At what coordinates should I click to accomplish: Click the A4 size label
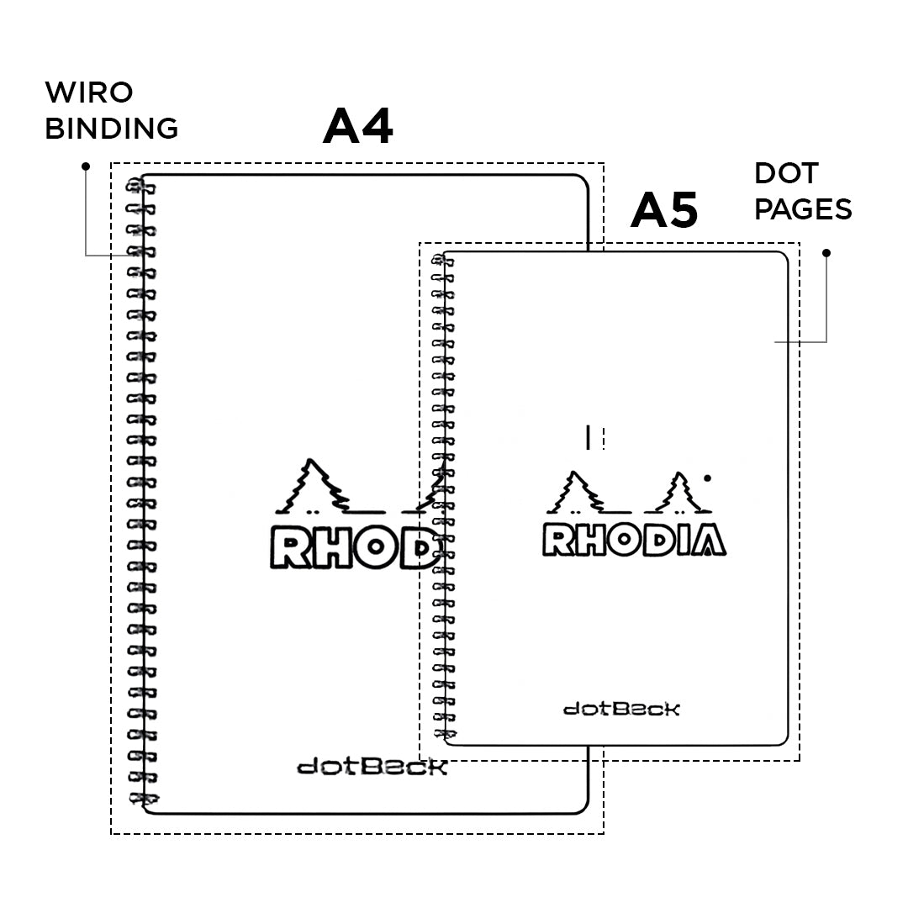(358, 127)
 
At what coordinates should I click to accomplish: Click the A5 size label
(664, 210)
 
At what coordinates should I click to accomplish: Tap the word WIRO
(89, 92)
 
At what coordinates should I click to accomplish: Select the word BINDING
(111, 129)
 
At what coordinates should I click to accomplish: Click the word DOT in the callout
(786, 174)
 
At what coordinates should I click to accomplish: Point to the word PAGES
(803, 209)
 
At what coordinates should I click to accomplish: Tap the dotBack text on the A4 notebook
(372, 767)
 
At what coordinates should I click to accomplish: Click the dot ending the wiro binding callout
(85, 166)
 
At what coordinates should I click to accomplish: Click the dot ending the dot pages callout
(826, 252)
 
